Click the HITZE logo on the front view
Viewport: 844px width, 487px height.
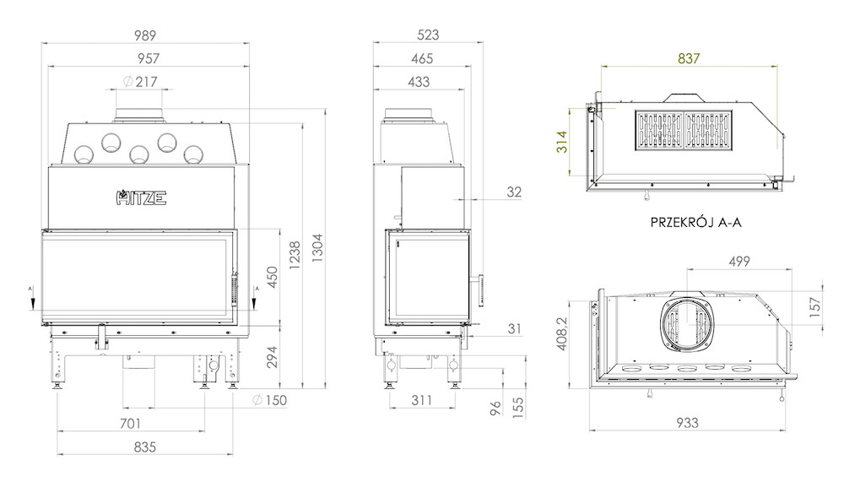pos(141,198)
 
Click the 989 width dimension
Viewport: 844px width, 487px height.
pos(145,35)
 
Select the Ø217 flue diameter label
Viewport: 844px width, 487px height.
pos(140,82)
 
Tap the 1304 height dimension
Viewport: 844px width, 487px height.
pos(317,248)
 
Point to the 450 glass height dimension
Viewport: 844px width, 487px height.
pos(273,277)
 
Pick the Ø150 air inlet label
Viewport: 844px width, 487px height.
pos(270,400)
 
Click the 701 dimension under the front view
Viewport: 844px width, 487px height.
pos(130,424)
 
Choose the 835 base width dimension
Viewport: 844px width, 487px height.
pos(145,447)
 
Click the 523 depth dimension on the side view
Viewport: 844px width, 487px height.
pos(428,35)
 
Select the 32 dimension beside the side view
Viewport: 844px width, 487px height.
pos(514,192)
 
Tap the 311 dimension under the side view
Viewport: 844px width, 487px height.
pos(421,400)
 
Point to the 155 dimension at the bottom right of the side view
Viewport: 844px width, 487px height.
pos(518,408)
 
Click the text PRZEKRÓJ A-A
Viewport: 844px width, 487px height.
pos(695,222)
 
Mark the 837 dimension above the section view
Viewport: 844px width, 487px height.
pos(689,58)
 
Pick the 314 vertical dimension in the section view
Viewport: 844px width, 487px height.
pos(562,142)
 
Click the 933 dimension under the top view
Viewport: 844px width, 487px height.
pos(687,423)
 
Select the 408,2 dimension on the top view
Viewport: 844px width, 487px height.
pos(562,333)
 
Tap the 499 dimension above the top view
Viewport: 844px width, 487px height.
pos(739,262)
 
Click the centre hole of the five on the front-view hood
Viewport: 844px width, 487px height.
pos(139,154)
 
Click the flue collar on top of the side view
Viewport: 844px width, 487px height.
pos(408,115)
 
